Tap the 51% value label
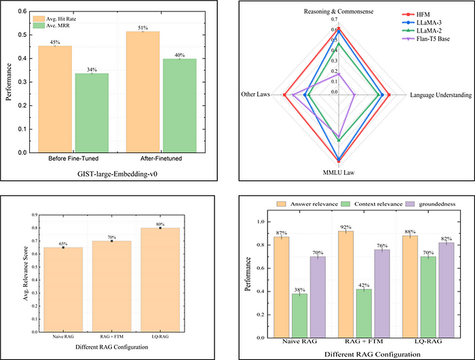click(145, 28)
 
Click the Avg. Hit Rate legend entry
click(65, 16)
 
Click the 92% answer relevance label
click(346, 226)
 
